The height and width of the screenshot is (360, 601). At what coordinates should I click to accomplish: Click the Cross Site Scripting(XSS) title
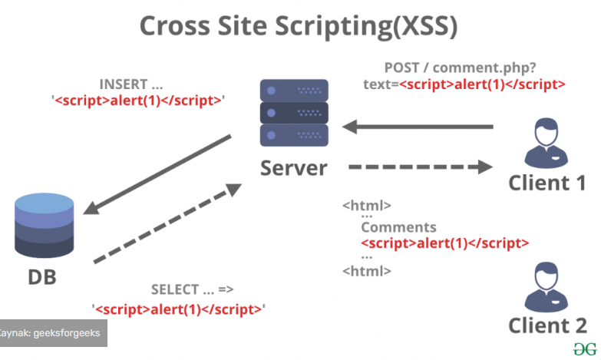coord(299,26)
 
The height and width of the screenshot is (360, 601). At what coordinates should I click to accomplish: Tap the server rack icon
coord(294,113)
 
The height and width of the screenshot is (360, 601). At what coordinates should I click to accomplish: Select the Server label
coord(294,168)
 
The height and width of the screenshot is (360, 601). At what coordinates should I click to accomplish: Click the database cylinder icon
coord(44,226)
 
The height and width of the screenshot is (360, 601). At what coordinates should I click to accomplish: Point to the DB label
coord(42,277)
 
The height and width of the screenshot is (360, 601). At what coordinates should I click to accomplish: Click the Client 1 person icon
coord(547,143)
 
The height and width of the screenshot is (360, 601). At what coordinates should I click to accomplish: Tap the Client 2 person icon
coord(547,287)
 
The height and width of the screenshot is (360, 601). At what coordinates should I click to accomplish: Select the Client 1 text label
coord(547,183)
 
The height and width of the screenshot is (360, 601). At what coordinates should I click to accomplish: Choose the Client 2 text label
coord(548,326)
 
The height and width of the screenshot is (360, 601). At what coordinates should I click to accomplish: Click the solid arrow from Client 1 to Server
coord(418,127)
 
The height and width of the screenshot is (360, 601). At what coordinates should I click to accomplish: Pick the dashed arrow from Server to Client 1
coord(421,167)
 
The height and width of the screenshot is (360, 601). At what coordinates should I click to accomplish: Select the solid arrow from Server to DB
coord(157,174)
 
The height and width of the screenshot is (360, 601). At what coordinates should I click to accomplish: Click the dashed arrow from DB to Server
coord(167,224)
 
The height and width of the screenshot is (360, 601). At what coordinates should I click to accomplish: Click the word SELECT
coord(175,289)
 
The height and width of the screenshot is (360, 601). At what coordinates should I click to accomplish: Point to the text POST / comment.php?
coord(460,68)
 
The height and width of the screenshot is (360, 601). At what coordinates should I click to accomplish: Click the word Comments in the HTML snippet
coord(398,227)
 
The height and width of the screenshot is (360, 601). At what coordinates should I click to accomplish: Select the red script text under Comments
coord(445,243)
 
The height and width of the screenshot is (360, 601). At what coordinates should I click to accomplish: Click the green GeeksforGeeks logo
coord(585,349)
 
